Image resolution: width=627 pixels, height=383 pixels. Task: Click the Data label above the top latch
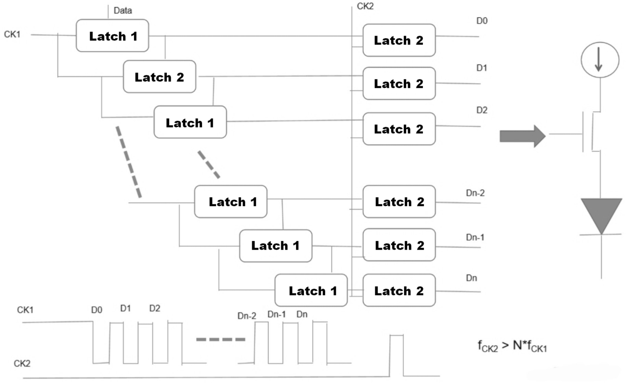click(x=123, y=11)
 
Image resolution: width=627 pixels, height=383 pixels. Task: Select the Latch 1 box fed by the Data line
click(x=112, y=36)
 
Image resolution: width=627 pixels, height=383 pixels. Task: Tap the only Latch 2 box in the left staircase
click(x=160, y=77)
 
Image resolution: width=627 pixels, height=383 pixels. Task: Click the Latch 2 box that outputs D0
click(x=399, y=40)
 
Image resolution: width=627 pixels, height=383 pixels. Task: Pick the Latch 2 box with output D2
click(x=399, y=129)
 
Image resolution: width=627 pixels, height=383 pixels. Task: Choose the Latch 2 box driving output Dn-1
click(x=399, y=245)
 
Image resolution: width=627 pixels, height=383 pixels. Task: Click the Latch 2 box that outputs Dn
click(x=399, y=290)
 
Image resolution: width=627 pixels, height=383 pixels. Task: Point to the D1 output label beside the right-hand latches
click(x=482, y=68)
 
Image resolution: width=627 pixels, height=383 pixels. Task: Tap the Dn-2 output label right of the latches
click(x=475, y=193)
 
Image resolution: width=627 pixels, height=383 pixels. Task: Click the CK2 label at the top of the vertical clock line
click(x=365, y=6)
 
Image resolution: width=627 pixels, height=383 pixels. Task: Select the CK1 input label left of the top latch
click(x=12, y=34)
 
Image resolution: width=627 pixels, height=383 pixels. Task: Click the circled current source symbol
click(x=600, y=60)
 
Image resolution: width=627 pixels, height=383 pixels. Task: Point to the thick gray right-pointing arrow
click(x=523, y=136)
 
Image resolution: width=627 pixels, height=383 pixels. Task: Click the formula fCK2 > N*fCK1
click(x=512, y=346)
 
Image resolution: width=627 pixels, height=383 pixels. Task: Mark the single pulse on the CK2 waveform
click(x=396, y=355)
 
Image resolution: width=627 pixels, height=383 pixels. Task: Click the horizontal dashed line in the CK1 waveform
click(x=221, y=340)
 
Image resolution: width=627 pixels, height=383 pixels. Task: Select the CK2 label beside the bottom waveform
click(x=22, y=363)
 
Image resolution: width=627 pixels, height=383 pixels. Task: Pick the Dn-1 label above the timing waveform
click(x=276, y=315)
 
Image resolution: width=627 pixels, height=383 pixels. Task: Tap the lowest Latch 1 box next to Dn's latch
click(x=311, y=290)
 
